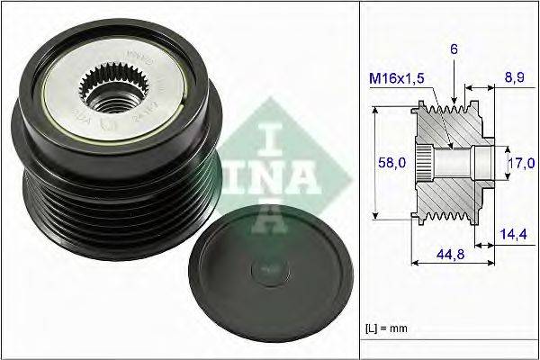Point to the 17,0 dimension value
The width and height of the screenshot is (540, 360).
click(x=522, y=162)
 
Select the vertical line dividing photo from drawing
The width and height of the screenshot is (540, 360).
click(x=359, y=180)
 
